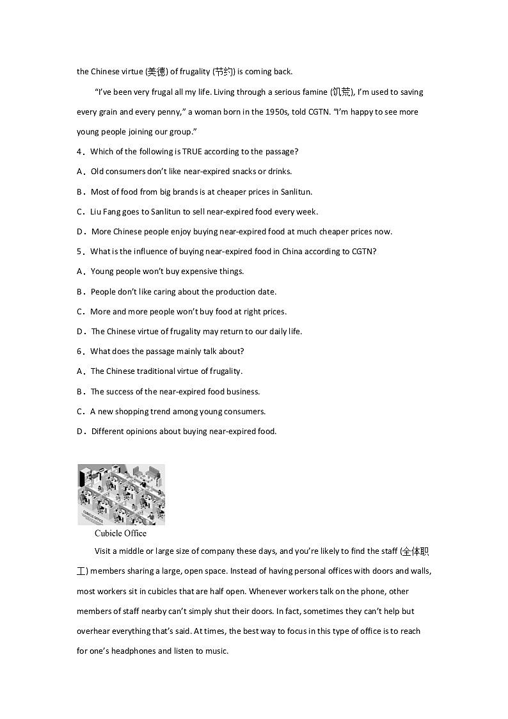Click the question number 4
tap(79, 152)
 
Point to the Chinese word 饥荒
tap(341, 92)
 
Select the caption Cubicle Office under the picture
tap(120, 533)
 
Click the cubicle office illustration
tap(121, 494)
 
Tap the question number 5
tap(79, 251)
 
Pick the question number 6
tap(79, 351)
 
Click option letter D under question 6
tap(80, 431)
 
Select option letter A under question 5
tap(80, 271)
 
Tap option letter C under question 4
tap(80, 211)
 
